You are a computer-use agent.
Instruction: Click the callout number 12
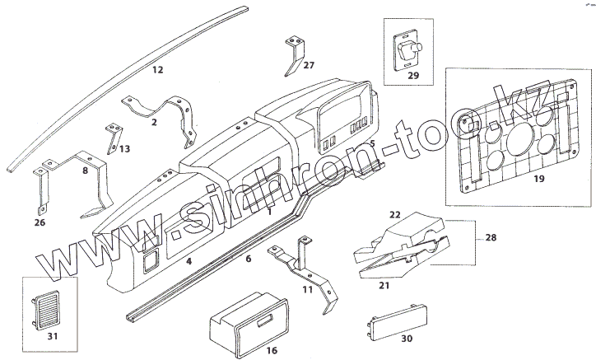pyautogui.click(x=158, y=70)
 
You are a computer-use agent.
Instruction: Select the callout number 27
pyautogui.click(x=308, y=64)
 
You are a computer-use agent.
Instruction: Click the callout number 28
pyautogui.click(x=491, y=237)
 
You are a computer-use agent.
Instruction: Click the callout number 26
pyautogui.click(x=40, y=222)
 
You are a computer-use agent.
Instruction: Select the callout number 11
pyautogui.click(x=308, y=289)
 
